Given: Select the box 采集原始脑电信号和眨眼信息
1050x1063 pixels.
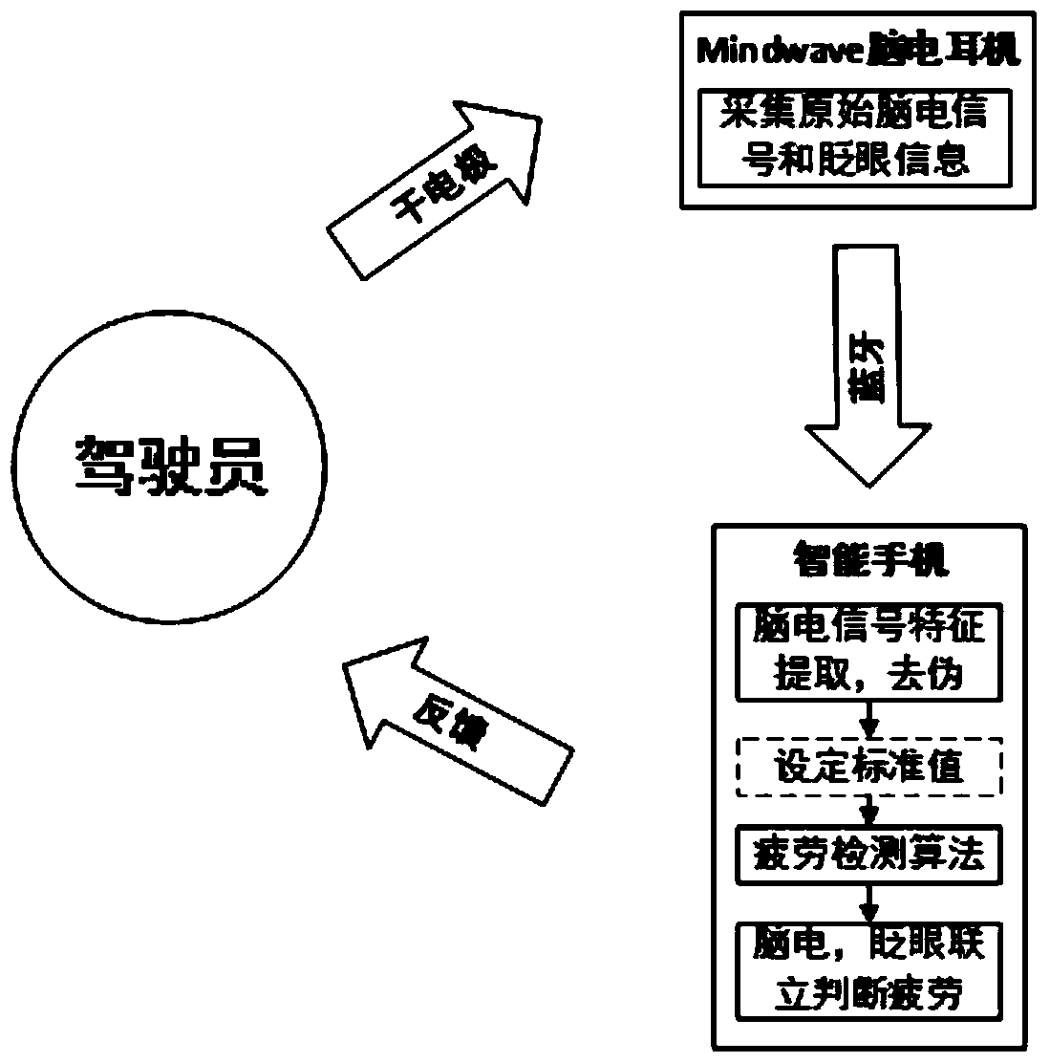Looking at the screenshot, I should tap(854, 139).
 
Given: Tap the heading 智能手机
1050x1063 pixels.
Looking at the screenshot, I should tap(871, 560).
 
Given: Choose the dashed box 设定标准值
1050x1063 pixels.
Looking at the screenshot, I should tap(869, 767).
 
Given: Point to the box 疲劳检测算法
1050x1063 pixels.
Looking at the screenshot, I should tap(869, 855).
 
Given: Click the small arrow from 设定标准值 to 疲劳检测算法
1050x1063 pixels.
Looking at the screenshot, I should tap(869, 813).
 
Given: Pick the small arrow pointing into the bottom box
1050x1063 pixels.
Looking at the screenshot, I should tap(869, 900).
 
